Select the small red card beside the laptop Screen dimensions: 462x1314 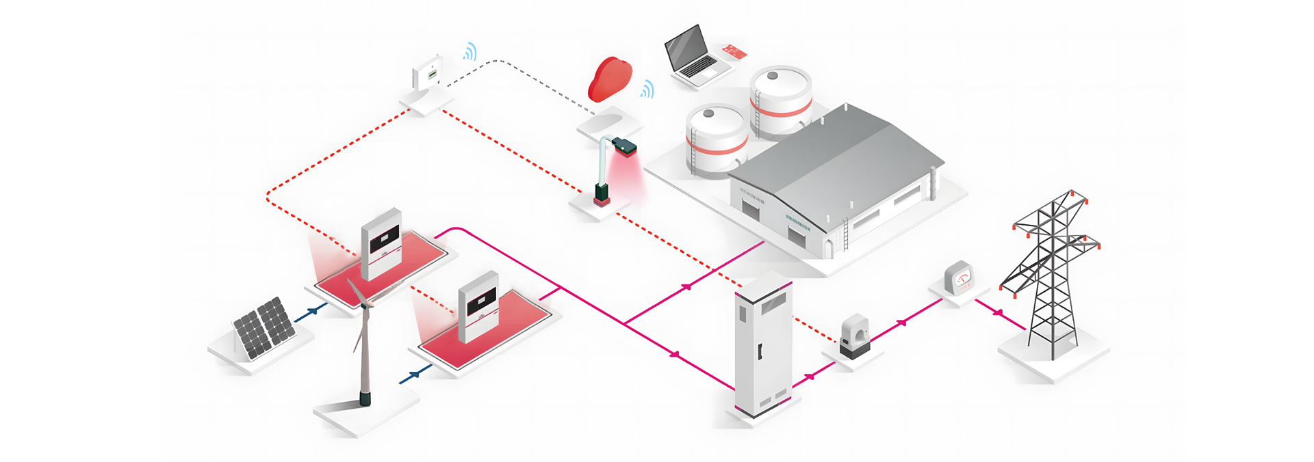pyautogui.click(x=734, y=51)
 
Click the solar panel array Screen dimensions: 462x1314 pyautogui.click(x=264, y=327)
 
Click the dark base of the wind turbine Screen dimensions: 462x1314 pyautogui.click(x=365, y=398)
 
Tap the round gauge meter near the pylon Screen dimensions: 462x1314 pyautogui.click(x=958, y=279)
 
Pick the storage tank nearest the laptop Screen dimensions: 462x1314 pyautogui.click(x=781, y=100)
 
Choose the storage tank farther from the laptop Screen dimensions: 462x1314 pyautogui.click(x=717, y=140)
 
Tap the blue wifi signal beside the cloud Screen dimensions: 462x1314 pyautogui.click(x=647, y=90)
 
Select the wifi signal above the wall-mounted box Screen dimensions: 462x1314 pyautogui.click(x=470, y=52)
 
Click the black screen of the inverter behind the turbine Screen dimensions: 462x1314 pyautogui.click(x=384, y=239)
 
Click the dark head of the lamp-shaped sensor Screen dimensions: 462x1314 pyautogui.click(x=623, y=145)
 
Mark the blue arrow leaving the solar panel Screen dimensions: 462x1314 pyautogui.click(x=313, y=311)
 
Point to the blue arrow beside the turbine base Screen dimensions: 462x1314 pyautogui.click(x=414, y=375)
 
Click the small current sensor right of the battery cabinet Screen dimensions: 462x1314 pyautogui.click(x=854, y=336)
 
